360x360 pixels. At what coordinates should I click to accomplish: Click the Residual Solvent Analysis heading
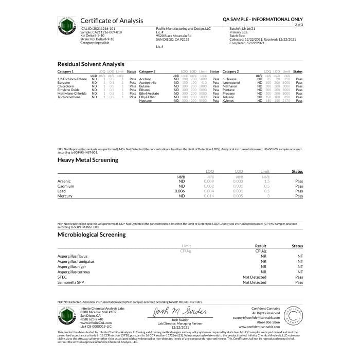point(92,64)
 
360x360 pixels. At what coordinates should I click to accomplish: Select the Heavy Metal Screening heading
point(87,160)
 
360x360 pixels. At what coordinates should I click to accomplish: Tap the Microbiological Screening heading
point(91,235)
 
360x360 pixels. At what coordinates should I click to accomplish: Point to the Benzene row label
point(64,82)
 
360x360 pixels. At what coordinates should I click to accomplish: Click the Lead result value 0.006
point(180,191)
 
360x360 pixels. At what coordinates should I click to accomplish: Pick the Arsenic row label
point(64,182)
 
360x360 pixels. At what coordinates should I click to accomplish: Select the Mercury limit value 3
point(265,196)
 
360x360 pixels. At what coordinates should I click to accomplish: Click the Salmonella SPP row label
point(71,282)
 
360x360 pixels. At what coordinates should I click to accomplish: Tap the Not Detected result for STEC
point(254,277)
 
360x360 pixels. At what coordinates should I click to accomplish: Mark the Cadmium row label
point(65,186)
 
